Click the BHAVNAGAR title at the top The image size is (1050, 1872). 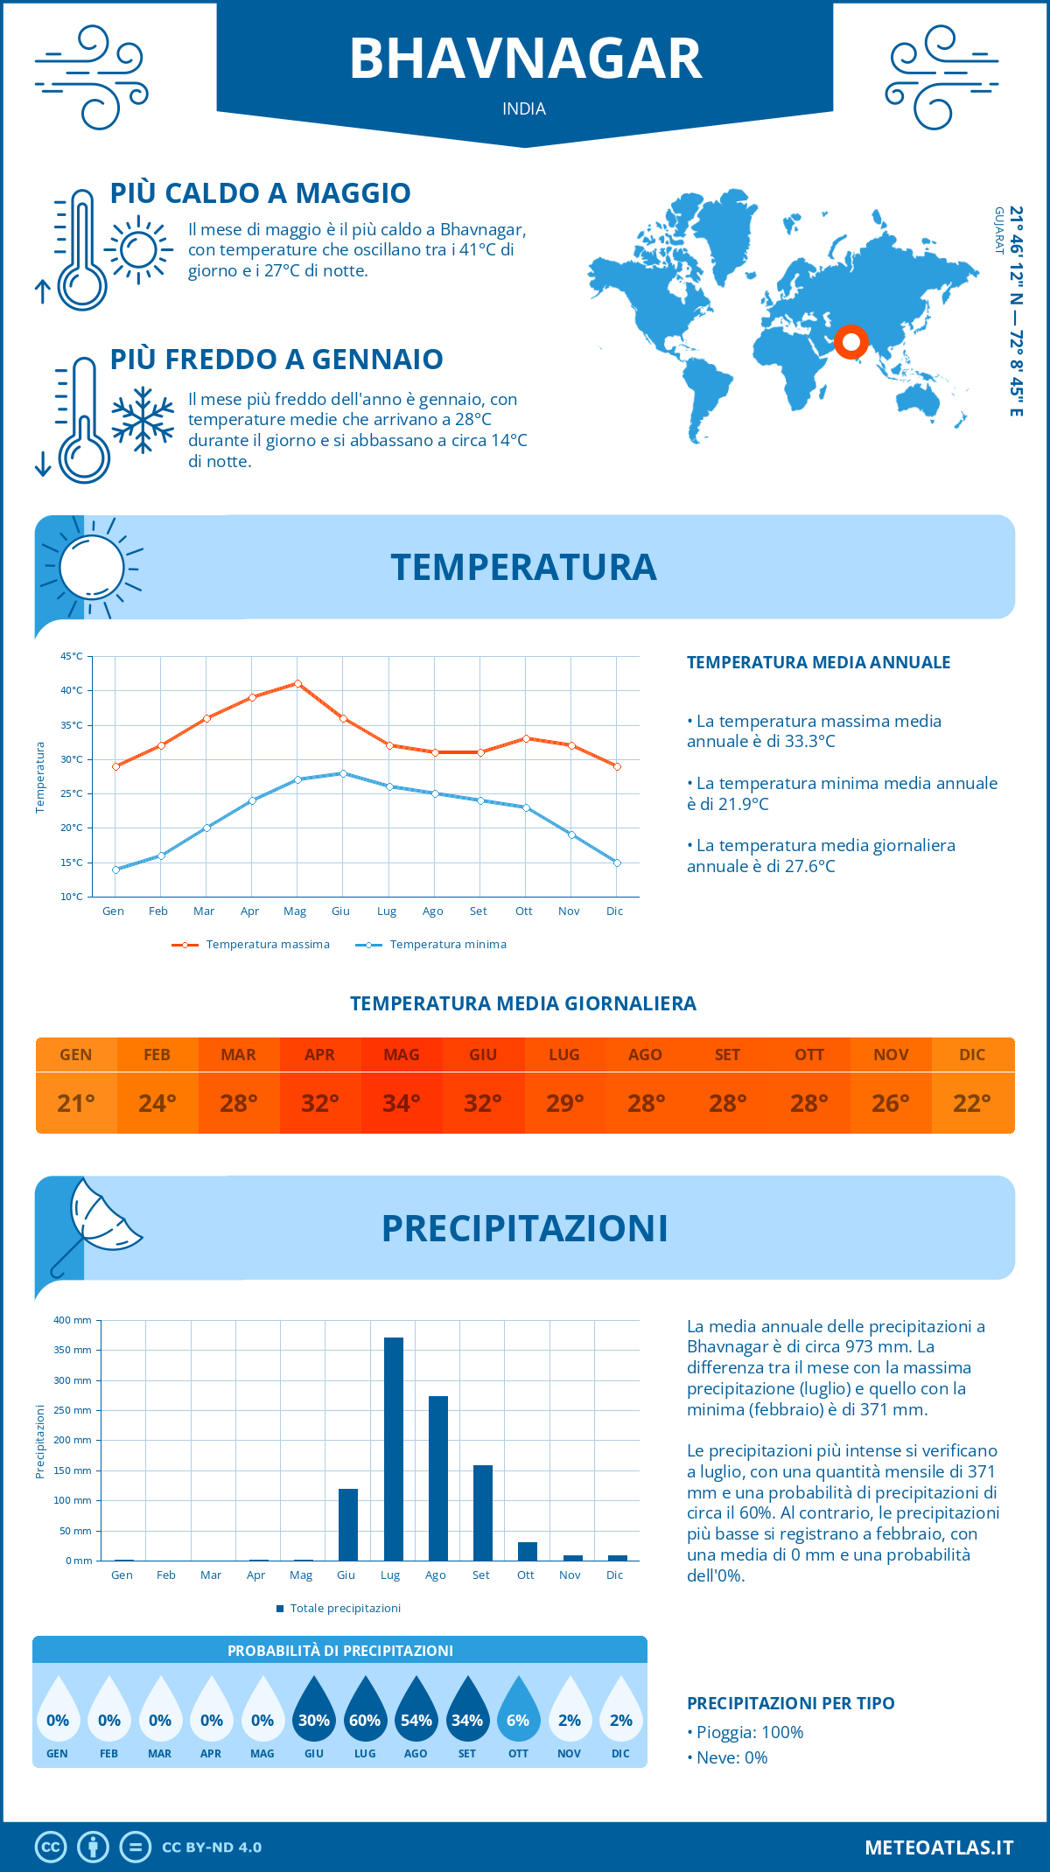tap(525, 59)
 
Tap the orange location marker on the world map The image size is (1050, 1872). tap(850, 341)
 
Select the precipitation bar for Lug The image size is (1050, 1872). tap(393, 1449)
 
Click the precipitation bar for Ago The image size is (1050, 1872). tap(437, 1478)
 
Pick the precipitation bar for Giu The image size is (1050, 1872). tap(347, 1525)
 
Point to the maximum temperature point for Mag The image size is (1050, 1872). tap(297, 683)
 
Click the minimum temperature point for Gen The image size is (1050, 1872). tap(115, 870)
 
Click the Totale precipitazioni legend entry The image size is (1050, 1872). tap(339, 1608)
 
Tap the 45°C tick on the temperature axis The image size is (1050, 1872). tap(72, 656)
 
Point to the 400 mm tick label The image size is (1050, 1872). tap(73, 1320)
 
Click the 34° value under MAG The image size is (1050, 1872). tap(402, 1103)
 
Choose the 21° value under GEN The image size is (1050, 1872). tap(76, 1103)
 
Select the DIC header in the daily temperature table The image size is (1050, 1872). tap(972, 1055)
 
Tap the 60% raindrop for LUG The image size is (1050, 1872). tap(365, 1715)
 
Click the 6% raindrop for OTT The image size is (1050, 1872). tap(518, 1715)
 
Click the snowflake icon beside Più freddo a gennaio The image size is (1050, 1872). tap(143, 420)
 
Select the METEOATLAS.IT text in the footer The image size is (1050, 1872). tap(939, 1848)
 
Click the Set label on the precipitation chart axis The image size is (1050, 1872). tap(480, 1575)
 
